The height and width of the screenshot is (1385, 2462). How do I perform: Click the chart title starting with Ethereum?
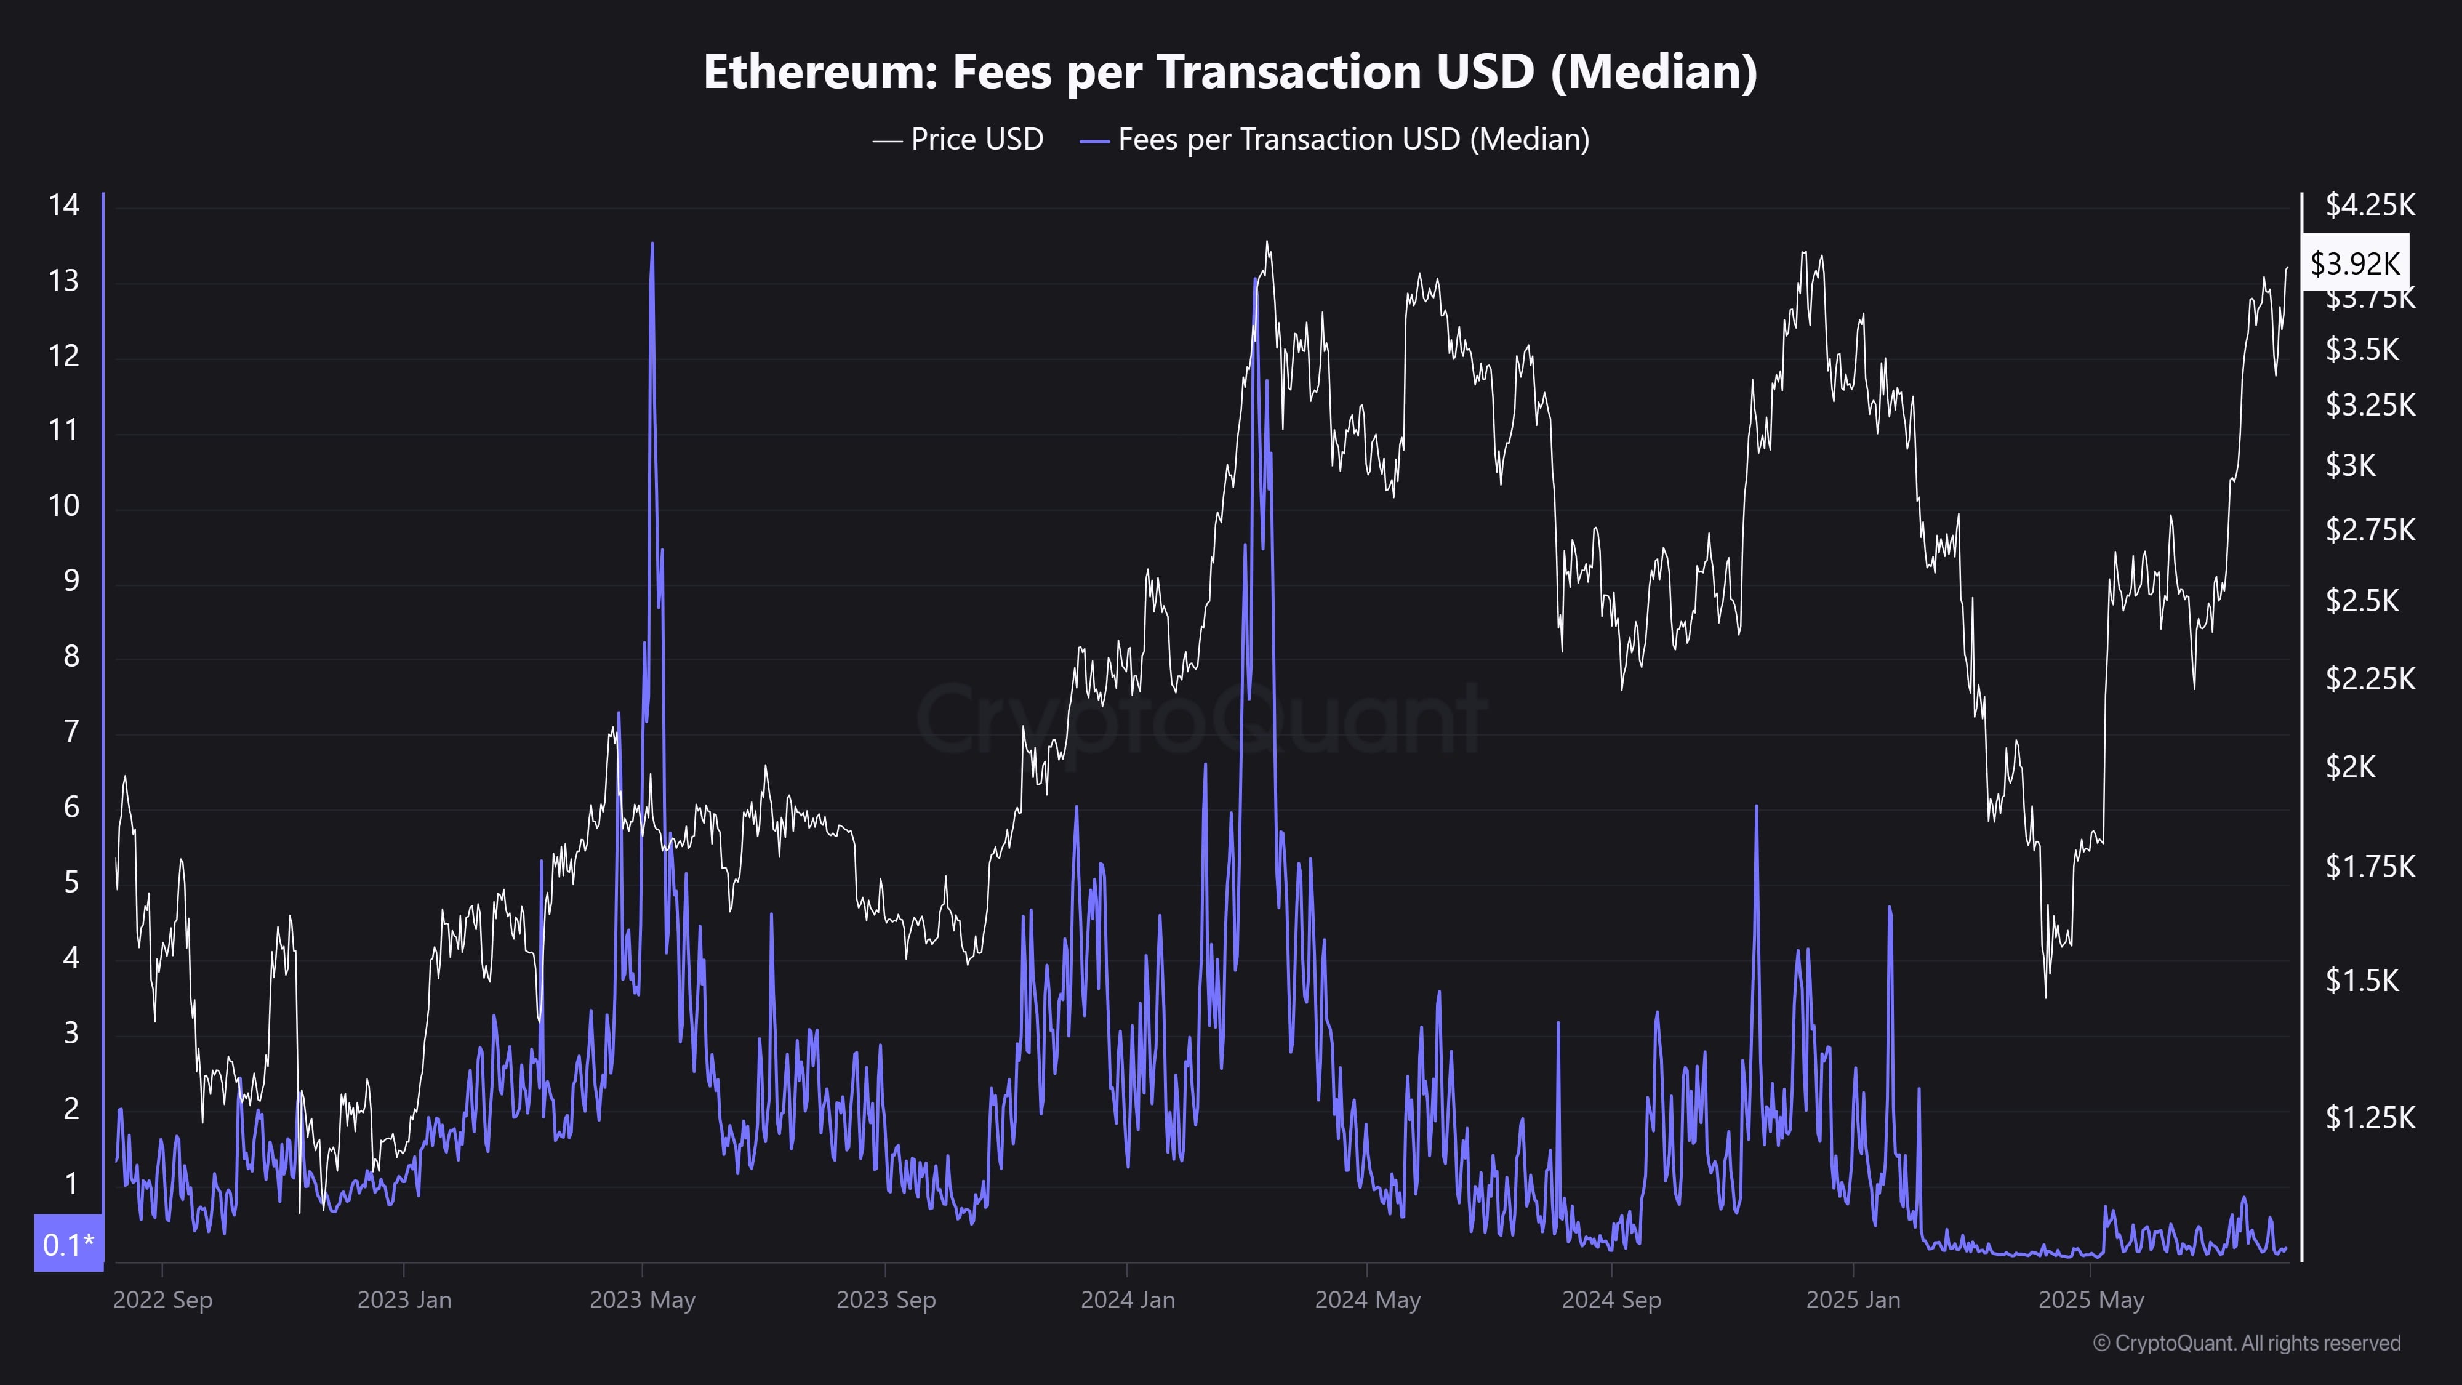[1230, 71]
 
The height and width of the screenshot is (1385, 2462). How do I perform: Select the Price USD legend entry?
[958, 140]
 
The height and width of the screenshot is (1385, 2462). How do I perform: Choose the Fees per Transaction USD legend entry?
[1335, 140]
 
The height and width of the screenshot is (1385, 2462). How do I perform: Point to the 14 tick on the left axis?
[64, 204]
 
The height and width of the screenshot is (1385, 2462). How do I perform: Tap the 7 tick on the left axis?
[71, 731]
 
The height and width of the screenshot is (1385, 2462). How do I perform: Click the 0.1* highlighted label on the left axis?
[68, 1243]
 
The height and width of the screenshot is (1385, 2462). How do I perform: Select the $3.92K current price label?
[2354, 263]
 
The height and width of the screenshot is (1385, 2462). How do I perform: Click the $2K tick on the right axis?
[2350, 766]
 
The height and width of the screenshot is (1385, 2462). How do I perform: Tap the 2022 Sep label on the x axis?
[162, 1300]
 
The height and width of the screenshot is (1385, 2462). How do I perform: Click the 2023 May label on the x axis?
[642, 1300]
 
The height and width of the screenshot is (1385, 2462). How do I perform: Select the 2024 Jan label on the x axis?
[1128, 1300]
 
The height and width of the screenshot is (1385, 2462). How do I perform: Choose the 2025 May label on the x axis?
[2091, 1300]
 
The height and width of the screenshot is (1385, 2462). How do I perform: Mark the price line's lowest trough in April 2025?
[2045, 997]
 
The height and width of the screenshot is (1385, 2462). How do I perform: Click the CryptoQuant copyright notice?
[2246, 1343]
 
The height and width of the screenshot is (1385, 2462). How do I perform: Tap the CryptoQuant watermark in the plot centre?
[1201, 718]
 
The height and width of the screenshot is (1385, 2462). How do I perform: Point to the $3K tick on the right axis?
[2350, 465]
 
